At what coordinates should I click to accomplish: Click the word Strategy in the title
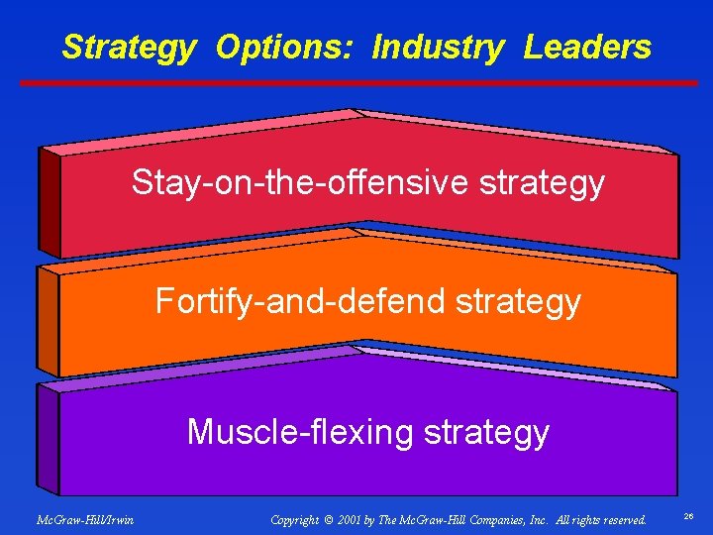pyautogui.click(x=129, y=48)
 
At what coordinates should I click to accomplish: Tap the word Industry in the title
pyautogui.click(x=438, y=48)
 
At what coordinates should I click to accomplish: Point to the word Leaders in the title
pyautogui.click(x=587, y=48)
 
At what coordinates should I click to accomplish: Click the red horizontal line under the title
pyautogui.click(x=366, y=83)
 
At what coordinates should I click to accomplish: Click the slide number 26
pyautogui.click(x=689, y=518)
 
